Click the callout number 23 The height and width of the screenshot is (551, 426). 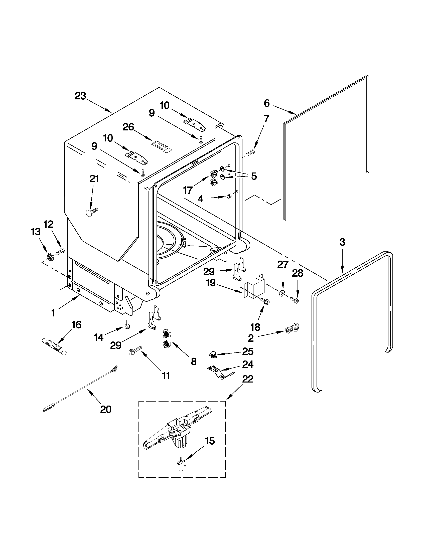(x=80, y=96)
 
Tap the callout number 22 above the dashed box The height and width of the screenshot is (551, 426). (x=248, y=386)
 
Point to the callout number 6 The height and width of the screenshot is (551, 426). (x=267, y=103)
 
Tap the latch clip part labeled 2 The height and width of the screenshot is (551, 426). (x=292, y=328)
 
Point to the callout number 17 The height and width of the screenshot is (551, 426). (x=188, y=190)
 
